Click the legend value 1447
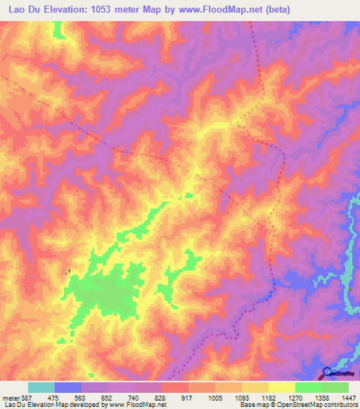click(349, 398)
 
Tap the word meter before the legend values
click(10, 398)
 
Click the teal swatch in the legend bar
click(41, 387)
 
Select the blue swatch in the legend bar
click(68, 387)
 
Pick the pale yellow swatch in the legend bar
click(281, 387)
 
